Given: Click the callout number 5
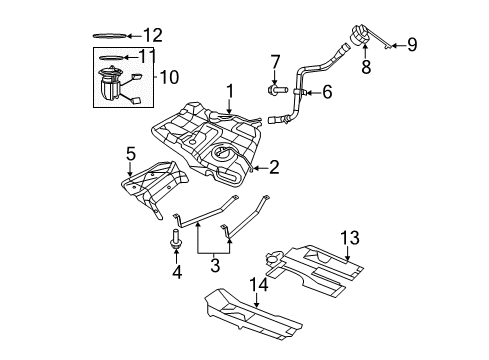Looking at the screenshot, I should click(130, 154).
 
